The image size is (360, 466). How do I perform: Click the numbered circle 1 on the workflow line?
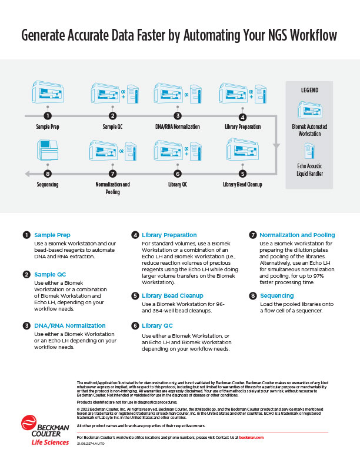(x=48, y=116)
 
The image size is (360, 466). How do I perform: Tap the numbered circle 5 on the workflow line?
(x=242, y=174)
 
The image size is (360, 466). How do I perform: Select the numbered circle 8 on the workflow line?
(x=48, y=174)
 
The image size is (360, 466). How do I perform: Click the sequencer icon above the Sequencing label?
(x=48, y=150)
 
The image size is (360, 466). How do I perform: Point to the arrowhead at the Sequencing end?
(x=27, y=174)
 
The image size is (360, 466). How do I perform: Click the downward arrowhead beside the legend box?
(x=276, y=146)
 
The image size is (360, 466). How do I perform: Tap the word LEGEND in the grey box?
(x=309, y=90)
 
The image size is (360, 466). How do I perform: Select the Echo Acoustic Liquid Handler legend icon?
(x=309, y=151)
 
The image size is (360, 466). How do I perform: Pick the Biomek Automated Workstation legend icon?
(x=310, y=110)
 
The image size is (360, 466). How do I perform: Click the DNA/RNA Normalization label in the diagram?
(x=177, y=127)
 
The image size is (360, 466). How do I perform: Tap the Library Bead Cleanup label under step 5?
(x=242, y=184)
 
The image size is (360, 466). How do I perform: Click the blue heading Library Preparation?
(x=169, y=235)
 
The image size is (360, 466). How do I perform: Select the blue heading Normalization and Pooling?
(x=297, y=235)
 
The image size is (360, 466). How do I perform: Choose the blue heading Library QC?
(x=157, y=326)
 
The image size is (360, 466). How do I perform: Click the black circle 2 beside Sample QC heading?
(x=26, y=274)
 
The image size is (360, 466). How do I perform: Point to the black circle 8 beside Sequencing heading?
(x=253, y=296)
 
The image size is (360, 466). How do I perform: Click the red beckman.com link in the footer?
(x=251, y=438)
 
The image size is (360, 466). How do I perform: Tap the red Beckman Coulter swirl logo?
(x=29, y=423)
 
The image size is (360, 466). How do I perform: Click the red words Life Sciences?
(x=50, y=442)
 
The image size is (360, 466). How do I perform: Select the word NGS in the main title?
(x=278, y=35)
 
